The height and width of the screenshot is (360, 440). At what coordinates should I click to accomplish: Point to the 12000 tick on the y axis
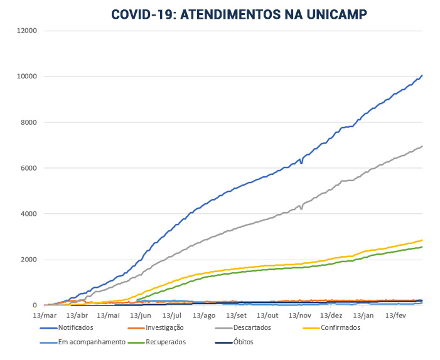point(26,31)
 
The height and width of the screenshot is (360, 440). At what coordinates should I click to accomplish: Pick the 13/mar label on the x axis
point(44,315)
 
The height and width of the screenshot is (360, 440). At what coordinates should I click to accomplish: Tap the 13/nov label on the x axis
point(299,315)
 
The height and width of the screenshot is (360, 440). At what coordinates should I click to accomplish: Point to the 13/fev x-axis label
point(395,315)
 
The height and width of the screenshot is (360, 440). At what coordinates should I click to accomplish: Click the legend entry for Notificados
point(75,327)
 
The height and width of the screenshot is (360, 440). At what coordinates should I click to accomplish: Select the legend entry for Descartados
point(247,327)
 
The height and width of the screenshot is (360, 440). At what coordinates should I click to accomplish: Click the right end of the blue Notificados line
point(422,76)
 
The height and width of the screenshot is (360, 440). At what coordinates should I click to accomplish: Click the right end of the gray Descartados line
point(422,146)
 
